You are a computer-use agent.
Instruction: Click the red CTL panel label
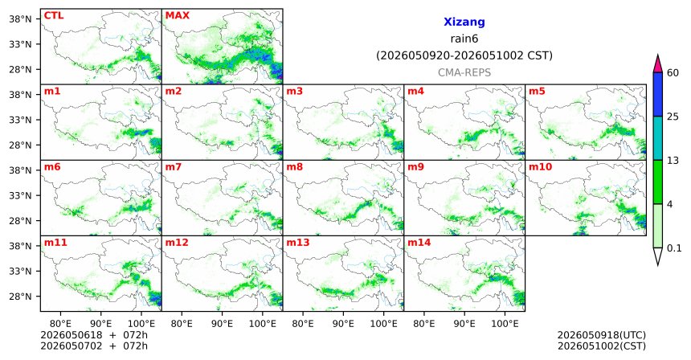[54, 15]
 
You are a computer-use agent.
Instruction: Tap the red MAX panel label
[177, 15]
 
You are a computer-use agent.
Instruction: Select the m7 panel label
[174, 167]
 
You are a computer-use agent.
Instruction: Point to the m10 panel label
[540, 167]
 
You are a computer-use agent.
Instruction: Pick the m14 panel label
[419, 243]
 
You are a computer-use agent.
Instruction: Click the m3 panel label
[294, 92]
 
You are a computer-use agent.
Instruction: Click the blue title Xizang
[464, 22]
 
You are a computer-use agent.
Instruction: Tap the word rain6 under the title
[464, 39]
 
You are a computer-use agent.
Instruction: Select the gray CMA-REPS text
[464, 72]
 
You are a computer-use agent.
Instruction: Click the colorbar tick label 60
[673, 72]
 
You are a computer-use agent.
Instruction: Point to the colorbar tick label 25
[673, 117]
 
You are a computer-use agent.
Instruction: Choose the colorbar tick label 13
[673, 161]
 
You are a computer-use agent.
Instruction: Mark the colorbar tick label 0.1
[674, 248]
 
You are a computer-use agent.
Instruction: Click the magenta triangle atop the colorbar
[658, 64]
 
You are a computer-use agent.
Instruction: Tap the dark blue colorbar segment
[658, 94]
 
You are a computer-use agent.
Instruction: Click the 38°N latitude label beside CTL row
[20, 19]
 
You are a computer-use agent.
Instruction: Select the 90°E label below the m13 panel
[342, 324]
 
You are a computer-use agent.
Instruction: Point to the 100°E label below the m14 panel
[505, 324]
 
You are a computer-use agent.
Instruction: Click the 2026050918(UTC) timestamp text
[602, 335]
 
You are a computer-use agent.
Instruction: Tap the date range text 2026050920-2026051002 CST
[464, 56]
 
